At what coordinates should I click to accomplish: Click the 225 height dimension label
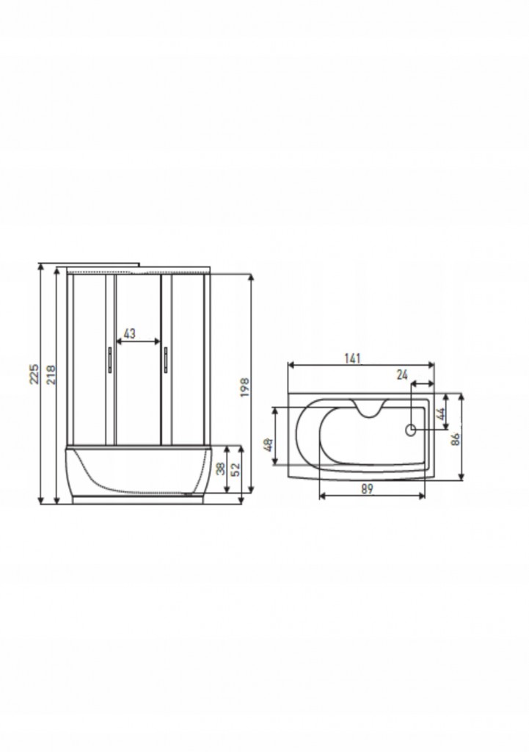34,374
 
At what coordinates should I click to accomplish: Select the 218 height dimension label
51,375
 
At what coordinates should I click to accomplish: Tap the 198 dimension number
244,387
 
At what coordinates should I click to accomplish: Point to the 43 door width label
129,333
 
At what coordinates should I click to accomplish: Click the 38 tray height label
220,469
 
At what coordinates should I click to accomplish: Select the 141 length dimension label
352,358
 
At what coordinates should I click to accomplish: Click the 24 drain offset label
402,375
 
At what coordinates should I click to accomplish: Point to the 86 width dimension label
455,439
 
